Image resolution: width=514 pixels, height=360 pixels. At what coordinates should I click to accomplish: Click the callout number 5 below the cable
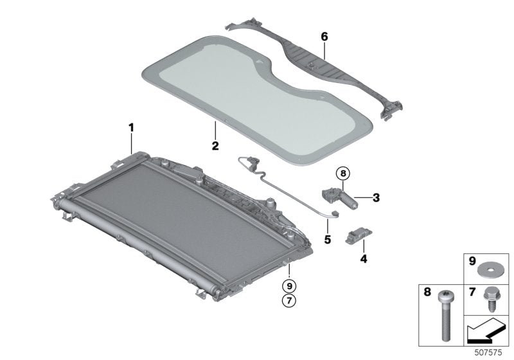point(327,239)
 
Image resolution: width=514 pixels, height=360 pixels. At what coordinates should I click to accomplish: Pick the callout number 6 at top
point(324,37)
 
